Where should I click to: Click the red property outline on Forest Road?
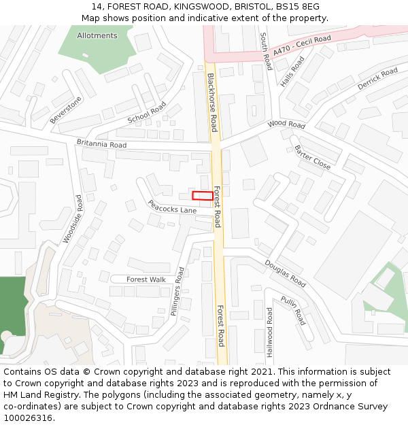tap(201, 196)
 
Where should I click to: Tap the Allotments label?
tap(97, 35)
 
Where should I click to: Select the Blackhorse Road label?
tap(213, 102)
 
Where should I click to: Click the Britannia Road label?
tap(101, 144)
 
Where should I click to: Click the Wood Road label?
tap(286, 124)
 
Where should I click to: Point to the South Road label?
tap(266, 52)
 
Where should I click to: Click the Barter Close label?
tap(313, 157)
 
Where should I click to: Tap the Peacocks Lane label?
tap(172, 207)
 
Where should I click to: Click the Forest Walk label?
tap(146, 279)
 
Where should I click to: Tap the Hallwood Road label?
tap(270, 333)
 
